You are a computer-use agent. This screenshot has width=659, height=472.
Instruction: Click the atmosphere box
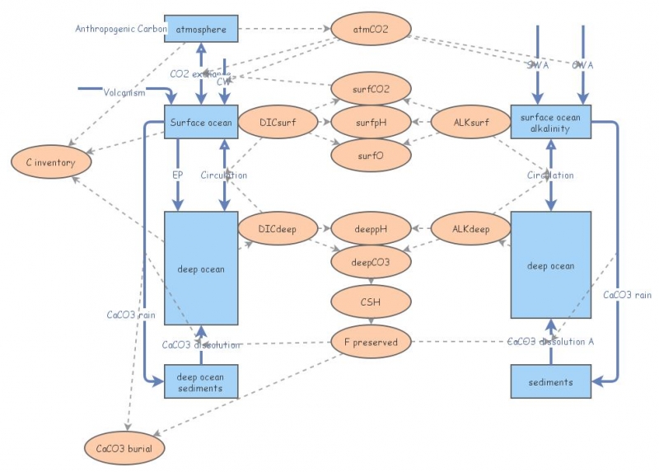point(201,30)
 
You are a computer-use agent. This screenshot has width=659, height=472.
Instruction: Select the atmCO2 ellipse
point(371,30)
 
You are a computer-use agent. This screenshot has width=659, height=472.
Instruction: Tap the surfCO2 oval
point(371,88)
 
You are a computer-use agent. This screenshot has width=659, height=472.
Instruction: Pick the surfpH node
point(371,122)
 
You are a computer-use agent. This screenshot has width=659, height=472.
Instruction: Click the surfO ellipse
point(371,153)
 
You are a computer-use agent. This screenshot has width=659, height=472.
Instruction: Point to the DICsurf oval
point(278,122)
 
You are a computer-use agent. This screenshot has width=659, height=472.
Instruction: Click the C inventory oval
point(50,162)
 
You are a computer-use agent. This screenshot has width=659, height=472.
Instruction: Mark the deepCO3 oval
point(371,261)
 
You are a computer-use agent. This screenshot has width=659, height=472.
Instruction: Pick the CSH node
point(371,301)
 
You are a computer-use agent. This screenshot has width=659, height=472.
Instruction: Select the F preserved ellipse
point(371,342)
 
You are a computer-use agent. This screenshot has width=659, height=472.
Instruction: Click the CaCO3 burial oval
point(124,448)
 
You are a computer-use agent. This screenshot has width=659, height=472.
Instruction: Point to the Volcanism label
point(124,92)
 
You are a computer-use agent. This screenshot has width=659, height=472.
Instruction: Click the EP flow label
point(177,175)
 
